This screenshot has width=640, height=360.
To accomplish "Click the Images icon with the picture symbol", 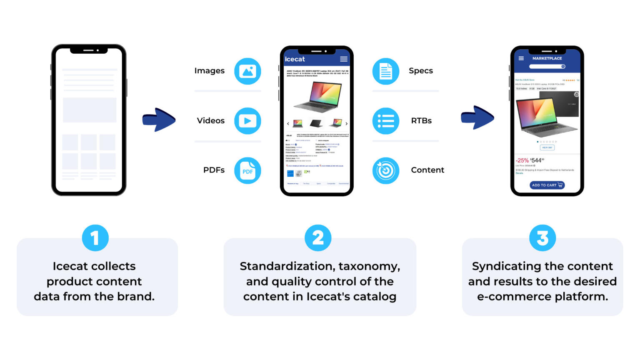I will [247, 71].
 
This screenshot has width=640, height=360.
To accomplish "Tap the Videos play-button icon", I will [247, 121].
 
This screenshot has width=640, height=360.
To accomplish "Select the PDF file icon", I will [247, 171].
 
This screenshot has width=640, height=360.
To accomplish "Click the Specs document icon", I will [385, 71].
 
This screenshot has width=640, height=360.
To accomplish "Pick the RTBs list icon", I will [385, 121].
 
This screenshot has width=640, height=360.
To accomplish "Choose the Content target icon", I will [385, 170].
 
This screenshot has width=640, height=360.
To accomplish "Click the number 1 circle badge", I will [95, 238].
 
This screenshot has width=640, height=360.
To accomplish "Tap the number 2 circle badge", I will [318, 238].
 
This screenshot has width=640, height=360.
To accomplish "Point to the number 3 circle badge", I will [542, 238].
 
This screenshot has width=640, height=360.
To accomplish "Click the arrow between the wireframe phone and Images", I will [159, 120].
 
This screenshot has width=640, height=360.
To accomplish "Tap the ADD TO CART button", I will [547, 185].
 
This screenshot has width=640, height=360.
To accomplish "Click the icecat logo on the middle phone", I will [295, 59].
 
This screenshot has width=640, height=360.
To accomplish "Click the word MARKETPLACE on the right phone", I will [547, 58].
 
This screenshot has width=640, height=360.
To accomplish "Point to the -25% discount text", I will [522, 160].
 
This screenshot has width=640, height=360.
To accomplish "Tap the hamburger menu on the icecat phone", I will [344, 59].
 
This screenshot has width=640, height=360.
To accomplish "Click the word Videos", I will [210, 121].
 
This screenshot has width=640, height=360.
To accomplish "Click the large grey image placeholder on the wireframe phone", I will [90, 110].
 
